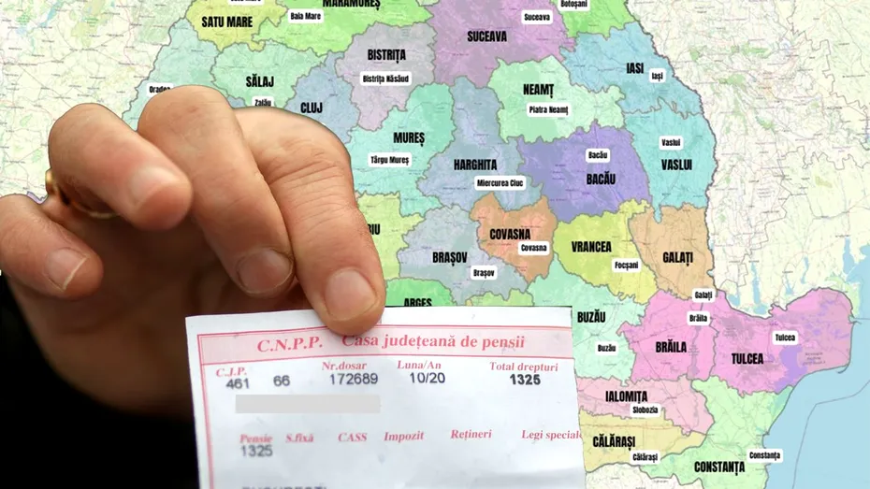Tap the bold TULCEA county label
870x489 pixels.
point(747,358)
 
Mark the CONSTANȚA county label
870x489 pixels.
point(719,467)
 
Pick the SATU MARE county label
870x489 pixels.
point(226,22)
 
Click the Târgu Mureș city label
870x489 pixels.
point(390,160)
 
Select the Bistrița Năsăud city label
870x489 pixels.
point(385,79)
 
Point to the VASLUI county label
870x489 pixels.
point(676,165)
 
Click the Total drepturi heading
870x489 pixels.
point(524,367)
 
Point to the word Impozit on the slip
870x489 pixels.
point(403,436)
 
